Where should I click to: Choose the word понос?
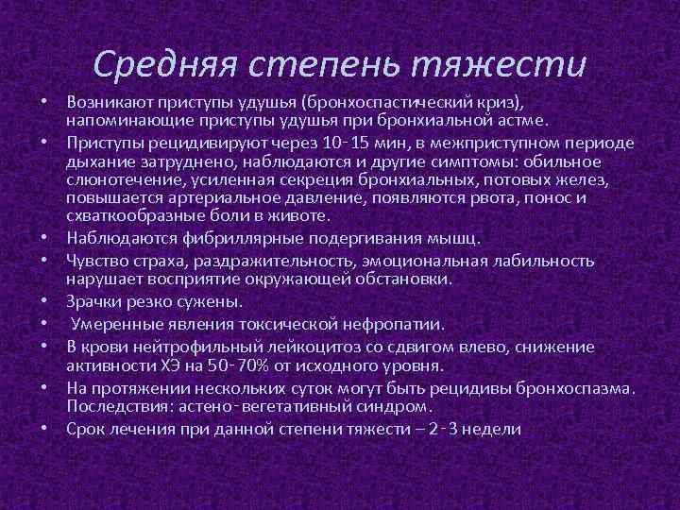(561, 197)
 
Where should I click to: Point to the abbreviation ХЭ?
(180, 365)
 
